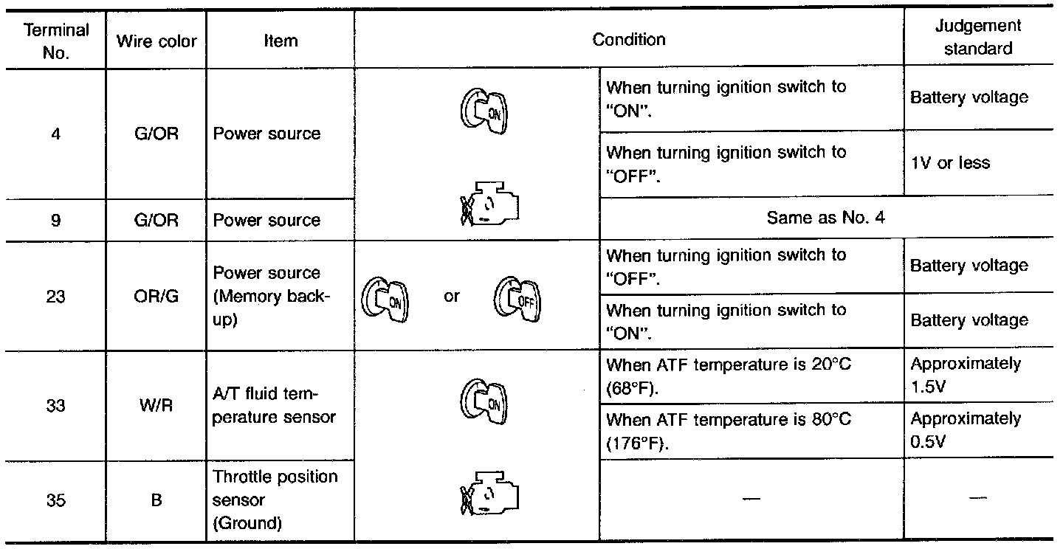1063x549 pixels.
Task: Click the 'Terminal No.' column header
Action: pos(56,41)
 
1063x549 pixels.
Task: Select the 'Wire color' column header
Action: pos(156,41)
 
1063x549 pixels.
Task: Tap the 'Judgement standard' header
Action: pos(977,37)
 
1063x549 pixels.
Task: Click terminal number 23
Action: pos(56,297)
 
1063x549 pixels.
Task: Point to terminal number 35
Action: pos(56,500)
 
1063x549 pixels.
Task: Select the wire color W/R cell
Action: pos(156,406)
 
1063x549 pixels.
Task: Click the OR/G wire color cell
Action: pos(156,297)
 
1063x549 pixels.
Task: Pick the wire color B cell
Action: pos(156,500)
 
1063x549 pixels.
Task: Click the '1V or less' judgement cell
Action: pos(950,162)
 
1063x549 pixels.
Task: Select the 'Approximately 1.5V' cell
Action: pos(966,374)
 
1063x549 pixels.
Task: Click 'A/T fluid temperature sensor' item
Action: pos(274,406)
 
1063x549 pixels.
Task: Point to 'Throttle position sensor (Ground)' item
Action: pos(275,500)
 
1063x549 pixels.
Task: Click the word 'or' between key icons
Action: pos(452,297)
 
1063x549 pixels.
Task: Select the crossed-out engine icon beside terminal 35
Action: pos(491,492)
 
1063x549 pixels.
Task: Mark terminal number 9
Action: pos(56,220)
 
